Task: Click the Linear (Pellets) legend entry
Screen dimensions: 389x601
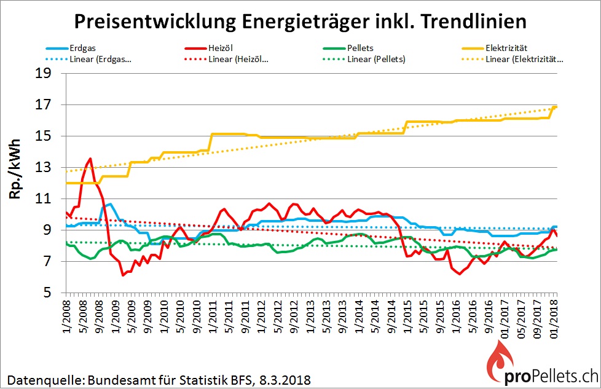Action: pos(375,59)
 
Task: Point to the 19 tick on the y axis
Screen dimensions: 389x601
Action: pos(49,73)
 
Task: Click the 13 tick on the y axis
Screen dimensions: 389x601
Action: pos(49,168)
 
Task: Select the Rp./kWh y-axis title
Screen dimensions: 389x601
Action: pos(17,167)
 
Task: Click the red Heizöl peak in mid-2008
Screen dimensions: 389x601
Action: pos(90,159)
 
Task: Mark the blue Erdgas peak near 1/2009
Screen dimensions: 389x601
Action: pos(109,203)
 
